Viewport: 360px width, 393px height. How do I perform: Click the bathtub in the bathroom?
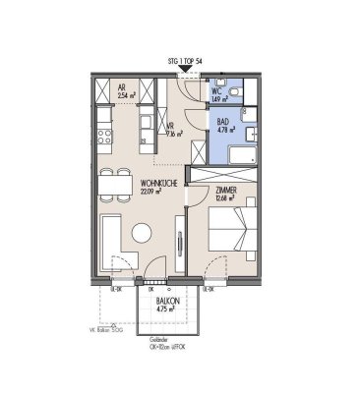240,154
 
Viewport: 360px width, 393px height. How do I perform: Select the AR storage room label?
120,85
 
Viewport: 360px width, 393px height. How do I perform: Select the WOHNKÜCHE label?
158,183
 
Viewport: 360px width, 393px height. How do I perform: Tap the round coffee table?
142,234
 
